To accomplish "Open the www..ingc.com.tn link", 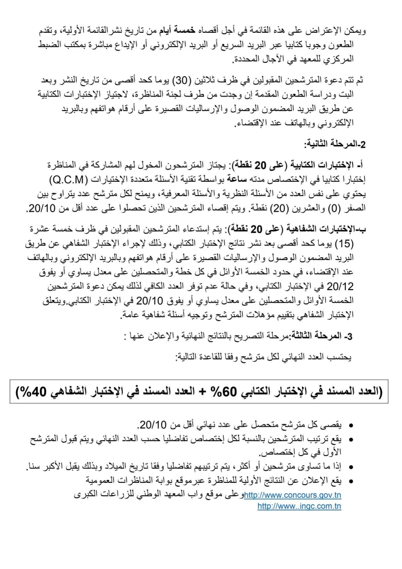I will pyautogui.click(x=300, y=507).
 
